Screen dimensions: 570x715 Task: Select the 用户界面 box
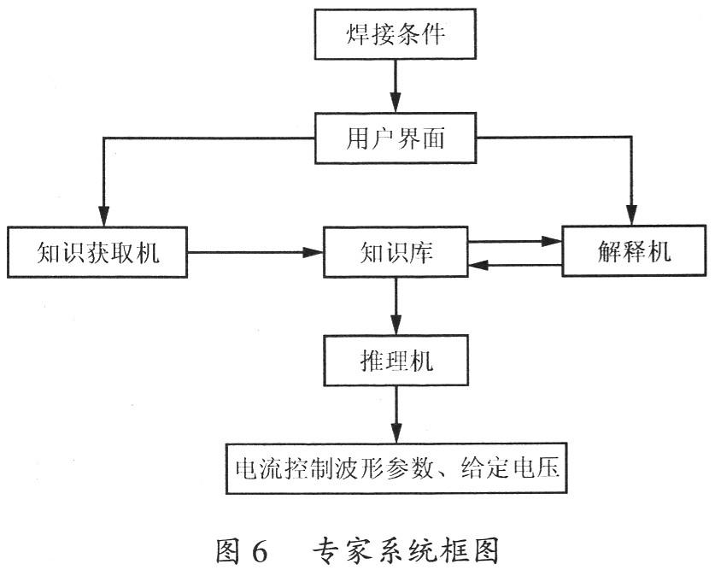[x=394, y=138]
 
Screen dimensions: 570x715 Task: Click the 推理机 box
[x=394, y=360]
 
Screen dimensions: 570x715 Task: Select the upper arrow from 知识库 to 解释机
[x=513, y=241]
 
